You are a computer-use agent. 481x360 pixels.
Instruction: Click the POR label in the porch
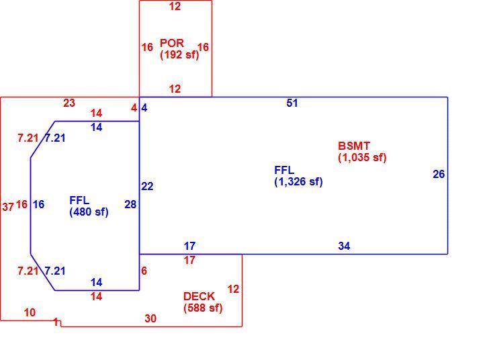pos(172,43)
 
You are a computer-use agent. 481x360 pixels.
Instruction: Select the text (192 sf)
pos(179,54)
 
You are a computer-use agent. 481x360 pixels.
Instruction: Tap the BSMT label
pos(354,146)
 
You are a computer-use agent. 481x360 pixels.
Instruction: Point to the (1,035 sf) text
pos(362,157)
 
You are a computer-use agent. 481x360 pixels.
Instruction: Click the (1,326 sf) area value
pos(298,181)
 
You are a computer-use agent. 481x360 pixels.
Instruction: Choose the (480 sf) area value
pos(89,212)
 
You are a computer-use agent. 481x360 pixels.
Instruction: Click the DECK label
pos(199,296)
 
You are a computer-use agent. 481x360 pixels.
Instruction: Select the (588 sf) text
pos(203,308)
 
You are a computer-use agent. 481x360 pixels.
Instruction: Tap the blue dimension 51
pos(292,103)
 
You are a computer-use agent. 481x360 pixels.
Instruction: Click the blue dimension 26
pos(439,174)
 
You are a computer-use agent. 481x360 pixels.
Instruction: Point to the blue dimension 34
pos(344,246)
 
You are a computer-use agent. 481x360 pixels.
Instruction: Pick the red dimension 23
pos(69,103)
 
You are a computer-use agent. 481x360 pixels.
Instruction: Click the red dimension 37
pos(8,207)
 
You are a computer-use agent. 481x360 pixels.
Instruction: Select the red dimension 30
pos(150,318)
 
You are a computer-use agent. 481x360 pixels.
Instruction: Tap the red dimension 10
pos(30,312)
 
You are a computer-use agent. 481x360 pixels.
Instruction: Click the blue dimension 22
pos(147,186)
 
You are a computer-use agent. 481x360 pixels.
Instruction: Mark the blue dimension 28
pos(130,204)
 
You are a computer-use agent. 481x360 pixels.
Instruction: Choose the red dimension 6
pos(144,271)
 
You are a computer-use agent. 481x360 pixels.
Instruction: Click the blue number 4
pos(144,107)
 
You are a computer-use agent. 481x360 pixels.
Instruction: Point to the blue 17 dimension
pos(189,246)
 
